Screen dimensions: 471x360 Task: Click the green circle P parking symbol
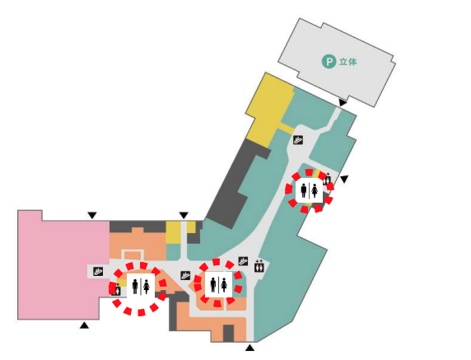tap(329, 62)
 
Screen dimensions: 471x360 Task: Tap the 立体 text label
tap(348, 62)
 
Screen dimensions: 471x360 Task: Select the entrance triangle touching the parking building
tap(343, 103)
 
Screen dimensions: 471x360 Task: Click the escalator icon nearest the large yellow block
tap(298, 140)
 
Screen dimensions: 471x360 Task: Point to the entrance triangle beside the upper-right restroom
tap(344, 179)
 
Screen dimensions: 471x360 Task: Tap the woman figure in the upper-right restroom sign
tap(315, 191)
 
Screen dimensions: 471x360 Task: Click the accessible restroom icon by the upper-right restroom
tap(327, 179)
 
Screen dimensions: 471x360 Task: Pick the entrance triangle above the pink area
tap(92, 216)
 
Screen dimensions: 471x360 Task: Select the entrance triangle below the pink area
tap(85, 325)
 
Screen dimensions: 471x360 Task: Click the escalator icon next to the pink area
tap(98, 272)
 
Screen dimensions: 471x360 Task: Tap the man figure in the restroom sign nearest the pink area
tap(135, 287)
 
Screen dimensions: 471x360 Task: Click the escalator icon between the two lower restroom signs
tap(185, 275)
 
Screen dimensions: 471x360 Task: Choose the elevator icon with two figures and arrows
tap(259, 265)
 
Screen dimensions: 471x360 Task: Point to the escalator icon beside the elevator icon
tap(243, 261)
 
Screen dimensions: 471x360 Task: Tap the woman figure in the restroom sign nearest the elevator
tap(224, 285)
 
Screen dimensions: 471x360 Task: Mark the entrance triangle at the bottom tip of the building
tap(250, 348)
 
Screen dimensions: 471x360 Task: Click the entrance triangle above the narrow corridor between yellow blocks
tap(184, 216)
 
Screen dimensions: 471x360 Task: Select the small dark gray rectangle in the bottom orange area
tap(228, 334)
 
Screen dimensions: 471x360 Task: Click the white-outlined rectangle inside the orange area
tap(133, 255)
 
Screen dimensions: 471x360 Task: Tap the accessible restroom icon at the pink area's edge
tap(117, 290)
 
